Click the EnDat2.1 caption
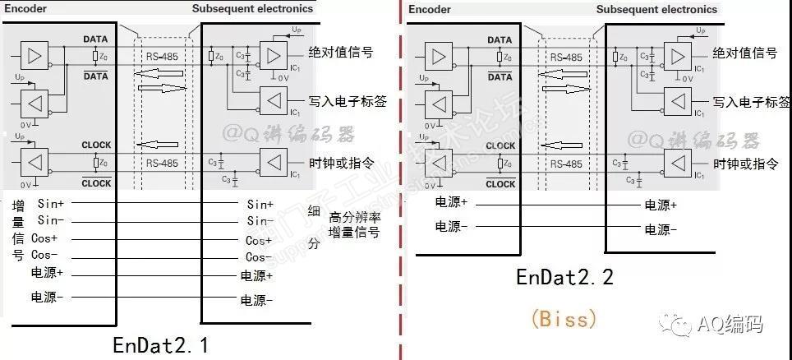160,344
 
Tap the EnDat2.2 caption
564,277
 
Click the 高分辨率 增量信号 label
354,225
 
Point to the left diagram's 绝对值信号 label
340,53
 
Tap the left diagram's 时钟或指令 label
341,162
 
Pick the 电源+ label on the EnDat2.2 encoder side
451,201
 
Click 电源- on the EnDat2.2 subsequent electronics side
661,230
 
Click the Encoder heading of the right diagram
430,9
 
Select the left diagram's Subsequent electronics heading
252,8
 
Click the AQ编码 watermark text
730,325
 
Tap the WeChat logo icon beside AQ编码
680,325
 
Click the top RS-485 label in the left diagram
161,58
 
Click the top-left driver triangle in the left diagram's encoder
34,55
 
